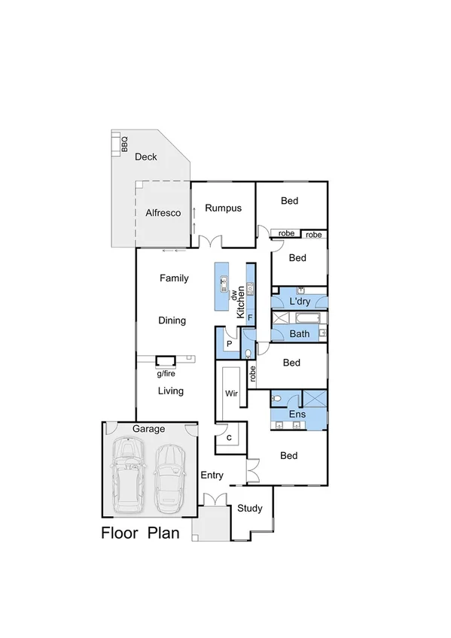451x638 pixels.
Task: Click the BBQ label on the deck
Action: pyautogui.click(x=124, y=144)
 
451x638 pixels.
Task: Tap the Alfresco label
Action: pyautogui.click(x=163, y=213)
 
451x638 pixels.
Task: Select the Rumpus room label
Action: pyautogui.click(x=223, y=208)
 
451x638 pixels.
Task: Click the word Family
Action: pyautogui.click(x=174, y=278)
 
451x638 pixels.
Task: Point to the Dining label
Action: pyautogui.click(x=172, y=321)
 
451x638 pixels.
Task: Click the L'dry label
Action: pyautogui.click(x=300, y=302)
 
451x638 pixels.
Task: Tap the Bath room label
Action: pyautogui.click(x=300, y=333)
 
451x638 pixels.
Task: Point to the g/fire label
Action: pyautogui.click(x=166, y=373)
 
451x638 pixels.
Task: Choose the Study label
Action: pyautogui.click(x=250, y=509)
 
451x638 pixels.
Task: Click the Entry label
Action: pyautogui.click(x=212, y=475)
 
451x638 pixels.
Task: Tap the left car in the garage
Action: pyautogui.click(x=129, y=475)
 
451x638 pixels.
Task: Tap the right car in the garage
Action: pyautogui.click(x=170, y=477)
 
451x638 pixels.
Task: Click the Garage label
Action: pyautogui.click(x=148, y=429)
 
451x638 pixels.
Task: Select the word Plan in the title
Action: pyautogui.click(x=163, y=533)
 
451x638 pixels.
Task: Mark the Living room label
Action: pyautogui.click(x=170, y=391)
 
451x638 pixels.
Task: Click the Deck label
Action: pyautogui.click(x=146, y=157)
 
